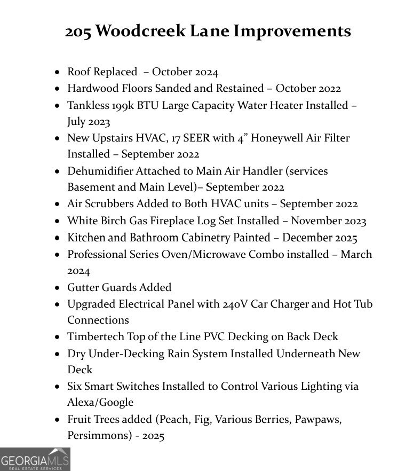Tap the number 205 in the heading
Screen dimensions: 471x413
[x=78, y=31]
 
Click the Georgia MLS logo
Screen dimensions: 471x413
[x=35, y=459]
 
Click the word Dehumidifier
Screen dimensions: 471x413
[x=100, y=171]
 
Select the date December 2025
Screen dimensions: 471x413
[x=320, y=238]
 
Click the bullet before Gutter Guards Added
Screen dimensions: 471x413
[x=58, y=288]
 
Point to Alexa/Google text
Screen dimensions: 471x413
[x=100, y=402]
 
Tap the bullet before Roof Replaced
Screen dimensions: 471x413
[x=58, y=72]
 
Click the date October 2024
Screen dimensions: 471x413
[x=185, y=72]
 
